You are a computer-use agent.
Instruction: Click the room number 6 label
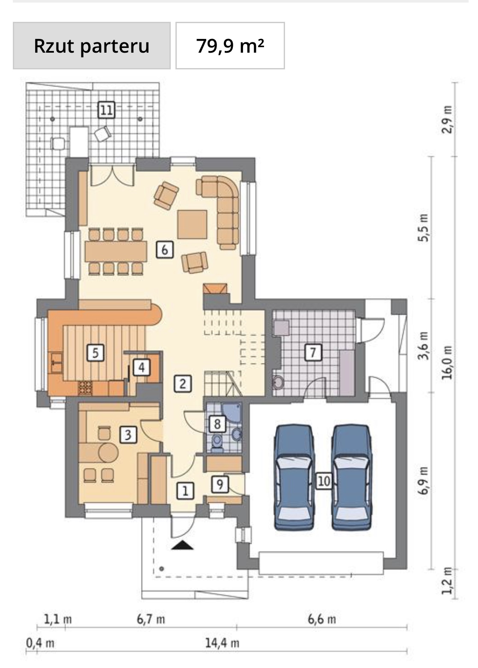pos(164,250)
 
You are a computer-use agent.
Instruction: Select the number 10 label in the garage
pos(324,480)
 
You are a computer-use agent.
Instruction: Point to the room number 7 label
pos(313,352)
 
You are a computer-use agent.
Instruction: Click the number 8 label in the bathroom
pos(217,423)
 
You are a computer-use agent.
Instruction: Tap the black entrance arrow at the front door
pos(182,545)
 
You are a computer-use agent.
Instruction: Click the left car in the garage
pos(294,477)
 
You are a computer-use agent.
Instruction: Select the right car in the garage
pos(352,477)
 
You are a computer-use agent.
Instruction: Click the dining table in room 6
pos(116,251)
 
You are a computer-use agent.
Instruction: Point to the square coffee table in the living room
pos(192,224)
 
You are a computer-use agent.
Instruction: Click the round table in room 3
pos(108,452)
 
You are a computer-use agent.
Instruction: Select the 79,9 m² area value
pos(230,46)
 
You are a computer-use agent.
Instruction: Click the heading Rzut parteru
pos(92,46)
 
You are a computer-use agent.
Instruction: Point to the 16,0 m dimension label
pos(447,362)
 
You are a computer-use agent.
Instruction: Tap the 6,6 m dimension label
pos(322,619)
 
